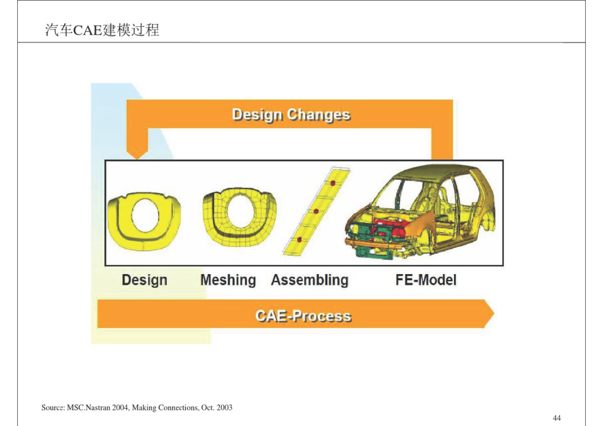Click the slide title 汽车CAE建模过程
[x=102, y=30]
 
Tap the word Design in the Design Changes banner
[x=257, y=114]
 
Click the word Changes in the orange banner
[x=318, y=114]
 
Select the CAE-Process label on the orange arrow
[x=303, y=316]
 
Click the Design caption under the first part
[x=145, y=280]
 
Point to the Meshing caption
[x=228, y=280]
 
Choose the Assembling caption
[x=309, y=280]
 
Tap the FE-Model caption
[x=426, y=280]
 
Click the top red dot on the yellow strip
[x=333, y=183]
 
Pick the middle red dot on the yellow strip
[x=316, y=212]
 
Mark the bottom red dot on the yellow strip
[x=300, y=240]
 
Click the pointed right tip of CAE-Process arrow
[x=494, y=314]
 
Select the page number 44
[x=557, y=418]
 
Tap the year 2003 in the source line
[x=224, y=408]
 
